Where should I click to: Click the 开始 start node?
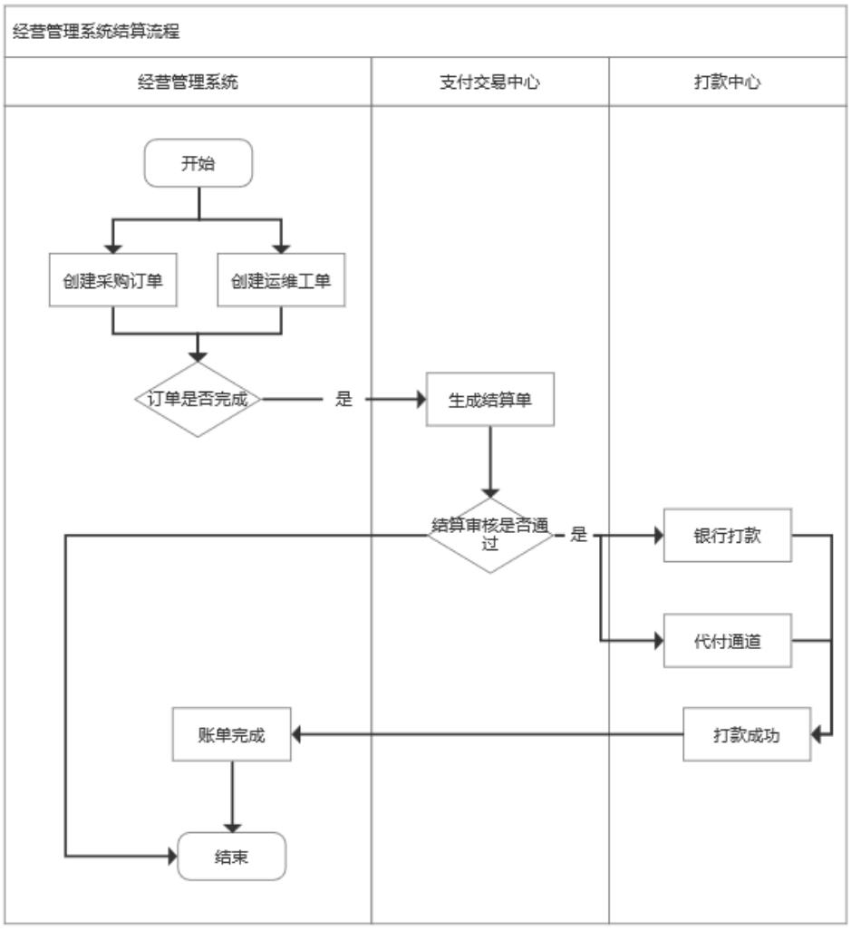tap(198, 163)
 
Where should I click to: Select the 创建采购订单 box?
tap(111, 280)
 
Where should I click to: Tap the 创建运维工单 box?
tap(281, 280)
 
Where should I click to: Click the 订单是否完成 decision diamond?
tap(198, 399)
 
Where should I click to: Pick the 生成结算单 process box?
tap(489, 400)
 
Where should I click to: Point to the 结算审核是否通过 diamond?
tap(489, 535)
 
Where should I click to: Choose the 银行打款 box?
tap(727, 535)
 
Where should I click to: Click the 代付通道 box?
tap(727, 641)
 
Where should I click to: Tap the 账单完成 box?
tap(232, 734)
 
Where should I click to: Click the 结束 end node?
tap(232, 856)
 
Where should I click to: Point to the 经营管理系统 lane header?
tap(189, 82)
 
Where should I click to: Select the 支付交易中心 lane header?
tap(489, 82)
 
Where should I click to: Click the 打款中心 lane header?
tap(729, 82)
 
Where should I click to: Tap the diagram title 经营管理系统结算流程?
tap(96, 33)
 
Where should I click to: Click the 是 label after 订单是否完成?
tap(343, 400)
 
